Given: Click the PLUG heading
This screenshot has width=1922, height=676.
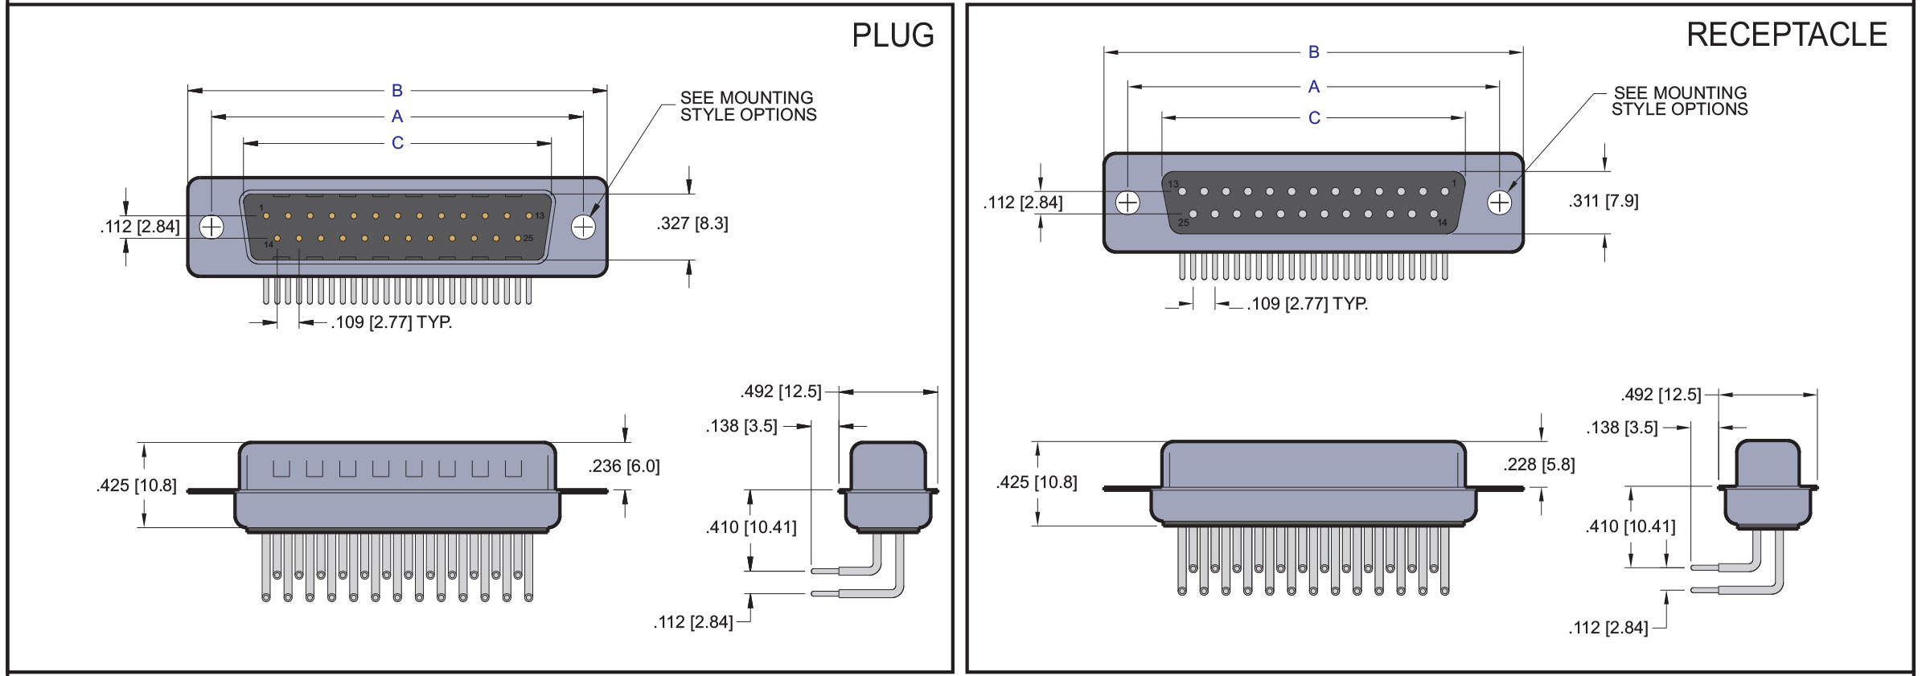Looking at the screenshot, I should pos(893,35).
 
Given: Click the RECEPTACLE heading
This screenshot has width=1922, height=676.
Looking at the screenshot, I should pos(1786,35).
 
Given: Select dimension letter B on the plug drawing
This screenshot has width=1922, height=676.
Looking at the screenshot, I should pos(396,91).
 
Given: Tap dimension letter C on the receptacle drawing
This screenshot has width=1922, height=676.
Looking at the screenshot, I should pos(1314,118).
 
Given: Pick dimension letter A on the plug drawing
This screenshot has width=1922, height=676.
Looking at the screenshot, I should pos(396,117).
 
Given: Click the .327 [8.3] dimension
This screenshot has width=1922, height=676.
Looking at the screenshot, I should pos(692,223).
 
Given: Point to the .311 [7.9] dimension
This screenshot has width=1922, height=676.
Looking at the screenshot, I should pos(1603,201).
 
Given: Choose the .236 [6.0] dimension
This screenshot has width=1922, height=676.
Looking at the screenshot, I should pos(624,466).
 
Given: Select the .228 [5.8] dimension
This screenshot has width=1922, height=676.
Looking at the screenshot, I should pos(1539,465).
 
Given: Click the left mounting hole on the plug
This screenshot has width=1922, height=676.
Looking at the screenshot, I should pos(211,227).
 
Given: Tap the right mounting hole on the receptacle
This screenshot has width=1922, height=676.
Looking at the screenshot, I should pos(1499,203).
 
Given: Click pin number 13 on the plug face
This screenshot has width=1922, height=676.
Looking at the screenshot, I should pos(529,215).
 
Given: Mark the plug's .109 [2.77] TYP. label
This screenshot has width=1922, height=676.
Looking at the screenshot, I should pos(392,323).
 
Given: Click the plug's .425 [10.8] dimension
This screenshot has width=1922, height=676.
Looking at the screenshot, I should pos(136,485).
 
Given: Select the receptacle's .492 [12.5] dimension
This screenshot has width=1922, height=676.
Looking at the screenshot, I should pos(1661,395).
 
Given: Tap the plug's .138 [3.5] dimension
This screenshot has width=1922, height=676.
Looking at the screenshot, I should pos(741,426).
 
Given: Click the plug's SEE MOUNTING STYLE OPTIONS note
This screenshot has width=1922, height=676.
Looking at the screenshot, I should pos(748,106).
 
